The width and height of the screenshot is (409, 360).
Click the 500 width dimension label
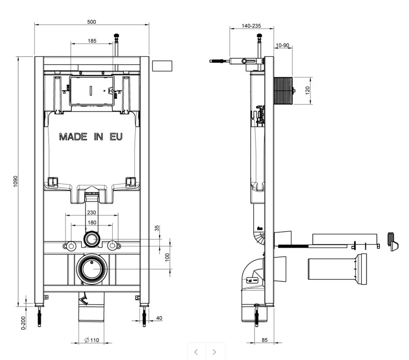pyautogui.click(x=91, y=22)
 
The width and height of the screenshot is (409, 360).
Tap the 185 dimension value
pyautogui.click(x=92, y=41)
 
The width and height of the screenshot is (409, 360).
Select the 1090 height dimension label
pyautogui.click(x=16, y=181)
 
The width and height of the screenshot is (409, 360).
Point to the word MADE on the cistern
pyautogui.click(x=73, y=137)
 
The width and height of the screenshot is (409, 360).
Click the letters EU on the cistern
pyautogui.click(x=116, y=137)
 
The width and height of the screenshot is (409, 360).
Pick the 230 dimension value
pyautogui.click(x=91, y=213)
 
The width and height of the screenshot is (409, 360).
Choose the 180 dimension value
pyautogui.click(x=91, y=222)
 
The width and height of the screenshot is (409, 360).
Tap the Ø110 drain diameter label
pyautogui.click(x=92, y=340)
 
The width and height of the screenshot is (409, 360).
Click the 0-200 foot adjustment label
pyautogui.click(x=23, y=323)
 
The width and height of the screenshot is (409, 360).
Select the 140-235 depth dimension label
pyautogui.click(x=251, y=25)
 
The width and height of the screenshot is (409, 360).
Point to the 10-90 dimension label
pyautogui.click(x=283, y=45)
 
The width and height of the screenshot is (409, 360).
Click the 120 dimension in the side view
pyautogui.click(x=308, y=91)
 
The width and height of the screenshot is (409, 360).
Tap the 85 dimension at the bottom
pyautogui.click(x=264, y=340)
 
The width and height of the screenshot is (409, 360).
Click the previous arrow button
pyautogui.click(x=196, y=352)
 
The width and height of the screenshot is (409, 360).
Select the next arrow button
pyautogui.click(x=215, y=352)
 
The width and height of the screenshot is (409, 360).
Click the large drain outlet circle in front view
pyautogui.click(x=92, y=269)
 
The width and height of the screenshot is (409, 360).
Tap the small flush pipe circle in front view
pyautogui.click(x=91, y=239)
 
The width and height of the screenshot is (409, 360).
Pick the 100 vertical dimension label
pyautogui.click(x=167, y=257)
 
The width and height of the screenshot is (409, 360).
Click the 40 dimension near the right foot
pyautogui.click(x=159, y=318)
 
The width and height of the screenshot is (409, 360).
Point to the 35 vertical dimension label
pyautogui.click(x=157, y=228)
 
